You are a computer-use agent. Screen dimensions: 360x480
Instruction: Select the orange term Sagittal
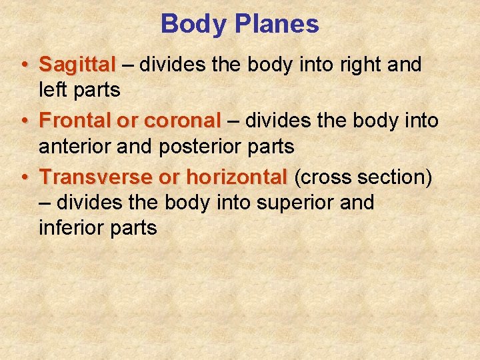(77, 65)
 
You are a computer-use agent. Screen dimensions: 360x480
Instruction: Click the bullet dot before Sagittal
(24, 65)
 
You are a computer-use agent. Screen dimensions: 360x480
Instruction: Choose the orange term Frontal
(75, 121)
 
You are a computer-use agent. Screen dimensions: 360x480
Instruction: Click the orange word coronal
(182, 121)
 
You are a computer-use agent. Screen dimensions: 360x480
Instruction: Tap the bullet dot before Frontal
(24, 121)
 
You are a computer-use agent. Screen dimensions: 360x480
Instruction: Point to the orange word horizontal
(236, 177)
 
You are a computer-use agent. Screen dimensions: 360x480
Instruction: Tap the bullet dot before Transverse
(24, 178)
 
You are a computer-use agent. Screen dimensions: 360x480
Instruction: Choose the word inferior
(73, 228)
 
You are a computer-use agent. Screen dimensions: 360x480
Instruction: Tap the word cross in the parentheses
(324, 177)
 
